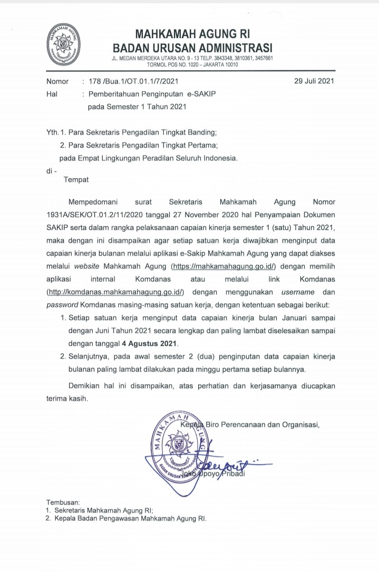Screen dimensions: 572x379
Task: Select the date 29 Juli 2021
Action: (314, 82)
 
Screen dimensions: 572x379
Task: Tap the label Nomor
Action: (57, 82)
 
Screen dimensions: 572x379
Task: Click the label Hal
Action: (52, 94)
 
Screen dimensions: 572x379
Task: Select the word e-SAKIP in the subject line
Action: (223, 94)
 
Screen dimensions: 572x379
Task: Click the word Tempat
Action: (76, 180)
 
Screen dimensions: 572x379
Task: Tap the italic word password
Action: (62, 306)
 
